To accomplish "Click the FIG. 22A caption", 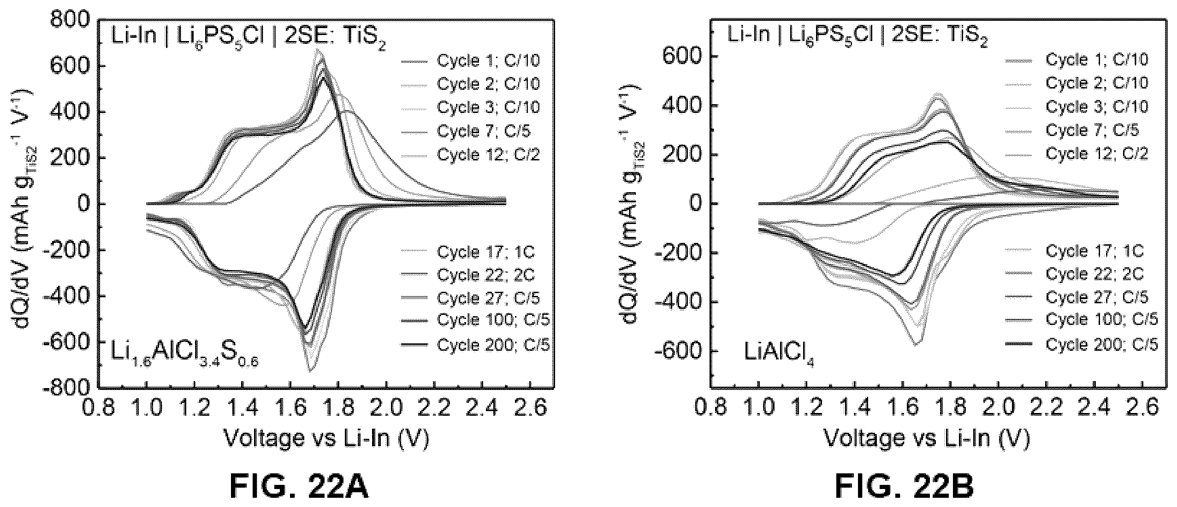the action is pyautogui.click(x=299, y=487).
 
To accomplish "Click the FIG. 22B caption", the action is pyautogui.click(x=904, y=487).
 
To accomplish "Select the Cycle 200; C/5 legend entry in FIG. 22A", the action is pyautogui.click(x=475, y=345).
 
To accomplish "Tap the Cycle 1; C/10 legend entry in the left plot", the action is pyautogui.click(x=470, y=60).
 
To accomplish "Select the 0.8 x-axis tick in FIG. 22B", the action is pyautogui.click(x=710, y=408).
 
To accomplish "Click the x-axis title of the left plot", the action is pyautogui.click(x=326, y=439).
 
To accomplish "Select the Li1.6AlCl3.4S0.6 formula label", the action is pyautogui.click(x=184, y=354).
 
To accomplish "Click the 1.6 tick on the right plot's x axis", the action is pyautogui.click(x=902, y=408).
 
